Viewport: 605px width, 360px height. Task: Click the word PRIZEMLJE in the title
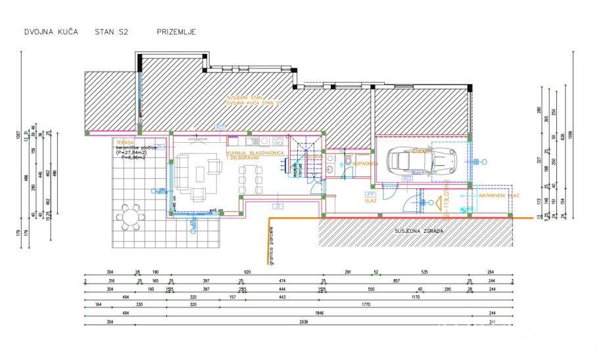click(176, 31)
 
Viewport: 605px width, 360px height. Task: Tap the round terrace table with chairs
click(130, 216)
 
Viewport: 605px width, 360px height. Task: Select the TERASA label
click(124, 141)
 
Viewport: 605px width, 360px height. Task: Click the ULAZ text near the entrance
click(370, 201)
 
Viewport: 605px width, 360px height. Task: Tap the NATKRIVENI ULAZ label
click(499, 195)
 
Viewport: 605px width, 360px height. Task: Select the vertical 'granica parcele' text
click(270, 245)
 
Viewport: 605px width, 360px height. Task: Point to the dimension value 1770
click(366, 305)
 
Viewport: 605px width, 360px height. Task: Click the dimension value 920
click(247, 272)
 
